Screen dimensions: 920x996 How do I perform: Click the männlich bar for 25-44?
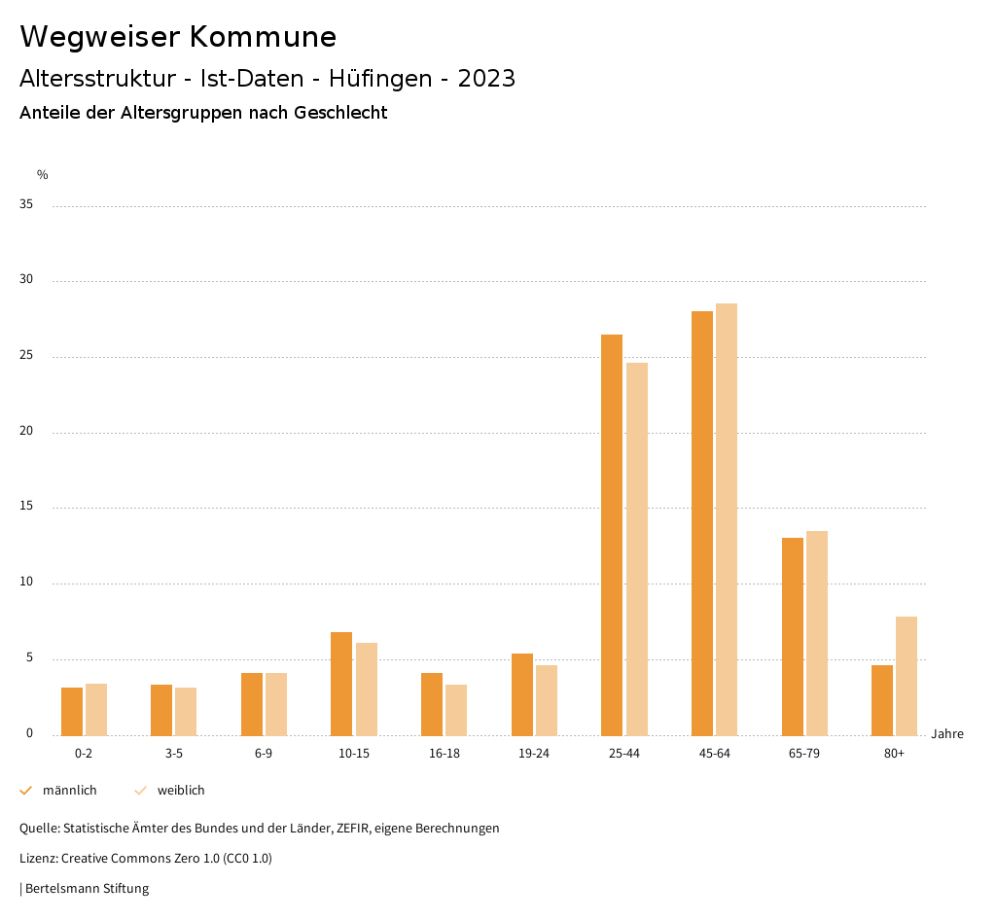[x=612, y=535]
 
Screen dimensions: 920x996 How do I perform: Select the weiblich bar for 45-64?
[x=727, y=519]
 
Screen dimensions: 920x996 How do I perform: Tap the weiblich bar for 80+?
[x=907, y=676]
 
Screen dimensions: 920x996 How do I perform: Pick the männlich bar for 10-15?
[x=341, y=684]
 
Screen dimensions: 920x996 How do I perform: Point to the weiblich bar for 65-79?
[x=817, y=633]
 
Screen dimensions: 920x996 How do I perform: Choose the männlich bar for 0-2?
[x=72, y=711]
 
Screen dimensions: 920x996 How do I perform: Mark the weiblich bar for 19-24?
[x=547, y=700]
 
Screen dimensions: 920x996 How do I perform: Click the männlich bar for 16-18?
[x=432, y=704]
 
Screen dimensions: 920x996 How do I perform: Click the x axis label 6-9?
[x=264, y=754]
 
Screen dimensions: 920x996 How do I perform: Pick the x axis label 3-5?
[x=174, y=754]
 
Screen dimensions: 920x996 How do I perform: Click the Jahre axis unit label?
[x=947, y=734]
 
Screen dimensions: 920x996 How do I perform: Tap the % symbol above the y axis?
[x=43, y=175]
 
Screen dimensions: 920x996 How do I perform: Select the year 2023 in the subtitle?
[x=486, y=79]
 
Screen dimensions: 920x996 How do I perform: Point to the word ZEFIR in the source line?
[x=362, y=829]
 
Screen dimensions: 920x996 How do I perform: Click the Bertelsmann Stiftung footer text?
[x=87, y=888]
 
